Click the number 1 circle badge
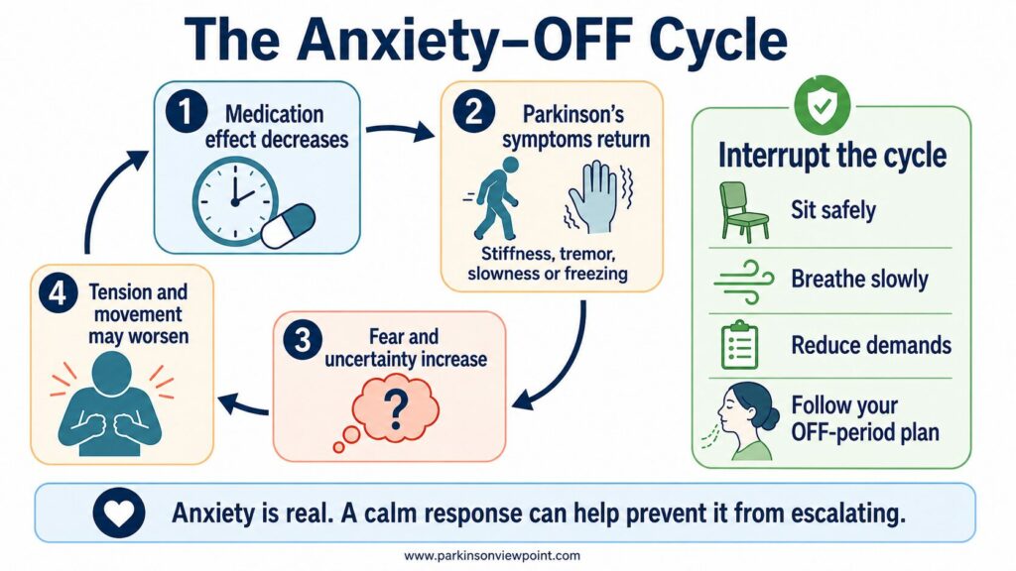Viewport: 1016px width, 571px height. pyautogui.click(x=186, y=112)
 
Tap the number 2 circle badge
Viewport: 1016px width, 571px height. pyautogui.click(x=473, y=112)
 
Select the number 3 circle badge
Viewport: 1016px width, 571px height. pyautogui.click(x=303, y=341)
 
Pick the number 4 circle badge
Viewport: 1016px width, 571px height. pyautogui.click(x=58, y=293)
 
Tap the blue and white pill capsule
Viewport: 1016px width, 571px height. pyautogui.click(x=288, y=226)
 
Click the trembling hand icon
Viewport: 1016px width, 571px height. pyautogui.click(x=597, y=197)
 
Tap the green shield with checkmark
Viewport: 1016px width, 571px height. pyautogui.click(x=823, y=104)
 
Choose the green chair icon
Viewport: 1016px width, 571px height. pyautogui.click(x=743, y=212)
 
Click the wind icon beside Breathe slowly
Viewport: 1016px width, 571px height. pyautogui.click(x=744, y=282)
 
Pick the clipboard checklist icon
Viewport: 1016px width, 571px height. pyautogui.click(x=739, y=345)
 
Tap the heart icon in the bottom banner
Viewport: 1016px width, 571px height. pyautogui.click(x=119, y=514)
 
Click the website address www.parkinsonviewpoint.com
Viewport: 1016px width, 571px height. pyautogui.click(x=492, y=555)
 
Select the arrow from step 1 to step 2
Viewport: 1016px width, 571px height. pyautogui.click(x=400, y=131)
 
